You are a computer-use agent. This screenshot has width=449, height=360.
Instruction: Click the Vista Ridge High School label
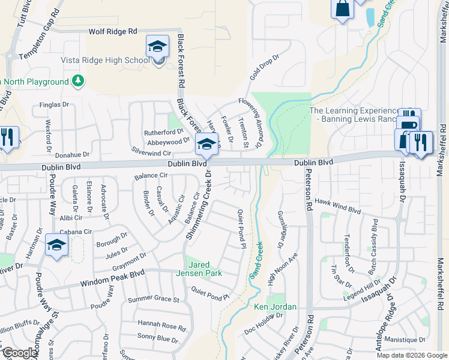[x=104, y=61]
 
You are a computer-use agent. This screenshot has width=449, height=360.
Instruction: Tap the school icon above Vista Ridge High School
[x=157, y=47]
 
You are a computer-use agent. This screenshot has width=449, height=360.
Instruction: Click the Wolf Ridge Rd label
[x=113, y=31]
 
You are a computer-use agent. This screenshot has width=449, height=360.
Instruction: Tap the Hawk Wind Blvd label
[x=337, y=207]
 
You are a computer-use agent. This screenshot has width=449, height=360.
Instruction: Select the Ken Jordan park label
[x=276, y=307]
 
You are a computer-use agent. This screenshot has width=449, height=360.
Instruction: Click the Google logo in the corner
[x=20, y=353]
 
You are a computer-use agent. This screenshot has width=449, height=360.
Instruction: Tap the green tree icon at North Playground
[x=77, y=80]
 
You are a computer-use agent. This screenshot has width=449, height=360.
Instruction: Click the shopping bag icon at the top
[x=342, y=9]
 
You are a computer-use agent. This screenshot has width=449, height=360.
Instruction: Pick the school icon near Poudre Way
[x=57, y=245]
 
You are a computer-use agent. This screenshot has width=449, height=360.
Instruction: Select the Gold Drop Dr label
[x=265, y=69]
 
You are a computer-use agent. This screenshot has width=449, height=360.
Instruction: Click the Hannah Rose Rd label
[x=161, y=326]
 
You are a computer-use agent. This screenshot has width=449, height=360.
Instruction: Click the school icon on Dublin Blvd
[x=206, y=143]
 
